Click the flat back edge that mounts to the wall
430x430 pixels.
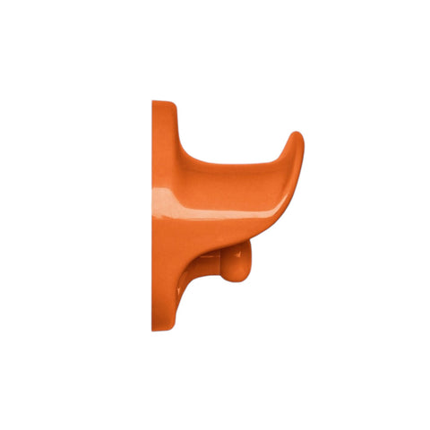click(153, 215)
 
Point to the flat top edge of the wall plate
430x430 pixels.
click(163, 102)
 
